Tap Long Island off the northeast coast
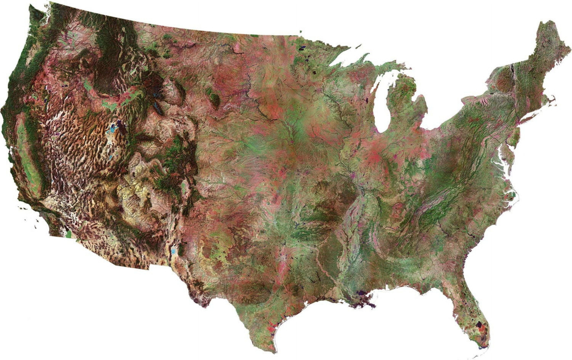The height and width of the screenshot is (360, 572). tap(528, 118)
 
